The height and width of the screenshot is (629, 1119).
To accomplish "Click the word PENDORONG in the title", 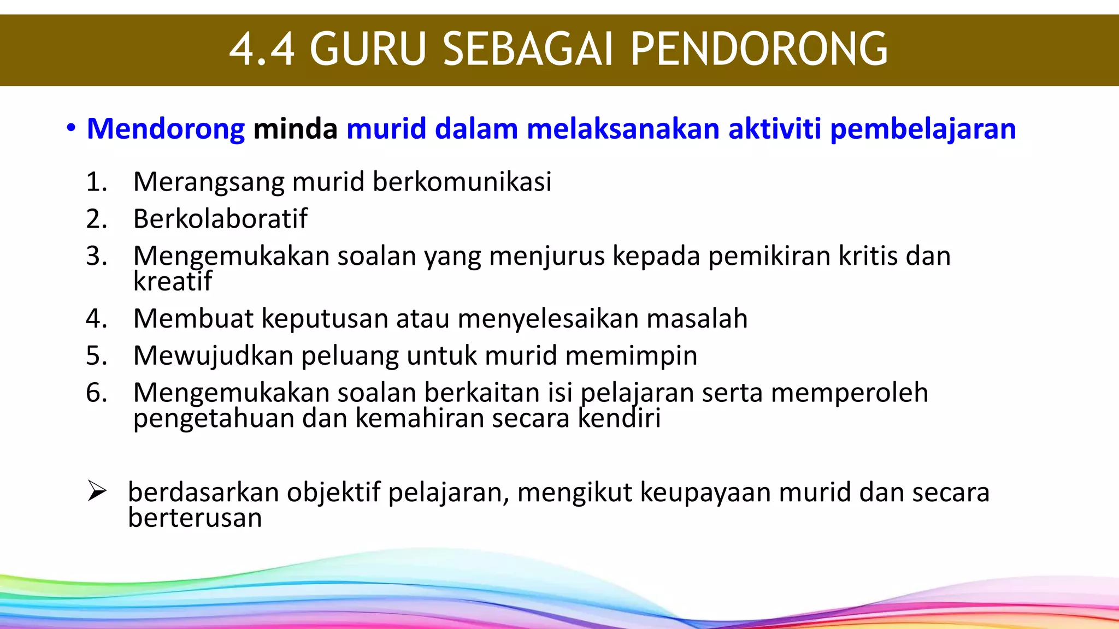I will pyautogui.click(x=759, y=49).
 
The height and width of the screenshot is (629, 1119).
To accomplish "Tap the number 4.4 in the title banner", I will pyautogui.click(x=262, y=49).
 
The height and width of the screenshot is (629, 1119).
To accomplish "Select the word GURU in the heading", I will pyautogui.click(x=368, y=49).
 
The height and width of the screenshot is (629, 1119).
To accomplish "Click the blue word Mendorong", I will pyautogui.click(x=166, y=129).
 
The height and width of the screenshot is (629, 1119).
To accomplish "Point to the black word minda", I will pyautogui.click(x=295, y=129).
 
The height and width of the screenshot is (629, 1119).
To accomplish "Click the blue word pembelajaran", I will pyautogui.click(x=923, y=129).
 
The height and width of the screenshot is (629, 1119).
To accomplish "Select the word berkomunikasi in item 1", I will pyautogui.click(x=462, y=181).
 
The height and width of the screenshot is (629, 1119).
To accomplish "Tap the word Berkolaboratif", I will pyautogui.click(x=220, y=219).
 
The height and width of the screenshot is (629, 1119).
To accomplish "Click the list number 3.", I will pyautogui.click(x=96, y=256).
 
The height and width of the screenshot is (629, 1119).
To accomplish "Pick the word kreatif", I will pyautogui.click(x=172, y=281).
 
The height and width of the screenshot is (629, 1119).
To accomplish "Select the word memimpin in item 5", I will pyautogui.click(x=631, y=356).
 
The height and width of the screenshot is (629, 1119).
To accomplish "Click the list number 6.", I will pyautogui.click(x=96, y=393).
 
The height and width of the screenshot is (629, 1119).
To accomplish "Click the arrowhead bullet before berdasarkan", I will pyautogui.click(x=97, y=491).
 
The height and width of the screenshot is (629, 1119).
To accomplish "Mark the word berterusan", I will pyautogui.click(x=195, y=518).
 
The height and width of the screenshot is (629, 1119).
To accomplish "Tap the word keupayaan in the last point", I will pyautogui.click(x=705, y=492).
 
